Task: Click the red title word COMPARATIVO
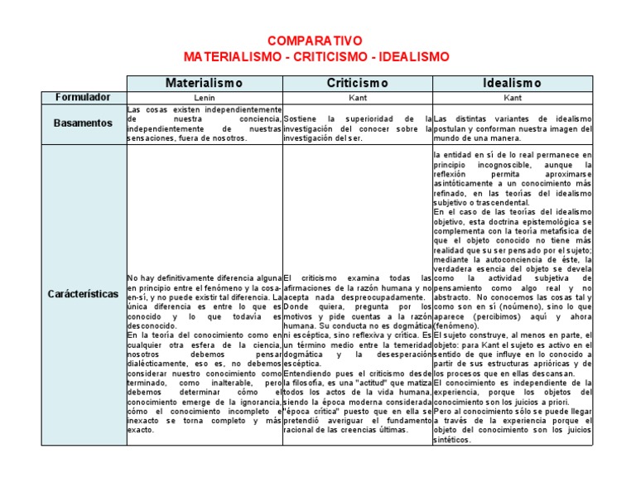pos(316,41)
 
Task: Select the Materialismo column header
pos(204,83)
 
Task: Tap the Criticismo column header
pos(357,83)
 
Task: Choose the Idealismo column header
pos(512,83)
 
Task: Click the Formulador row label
pos(83,97)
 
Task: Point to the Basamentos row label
pos(83,123)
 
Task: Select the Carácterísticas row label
pos(83,294)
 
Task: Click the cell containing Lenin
pos(204,97)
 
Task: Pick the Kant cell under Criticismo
pos(357,97)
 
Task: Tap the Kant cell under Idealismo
pos(512,97)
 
